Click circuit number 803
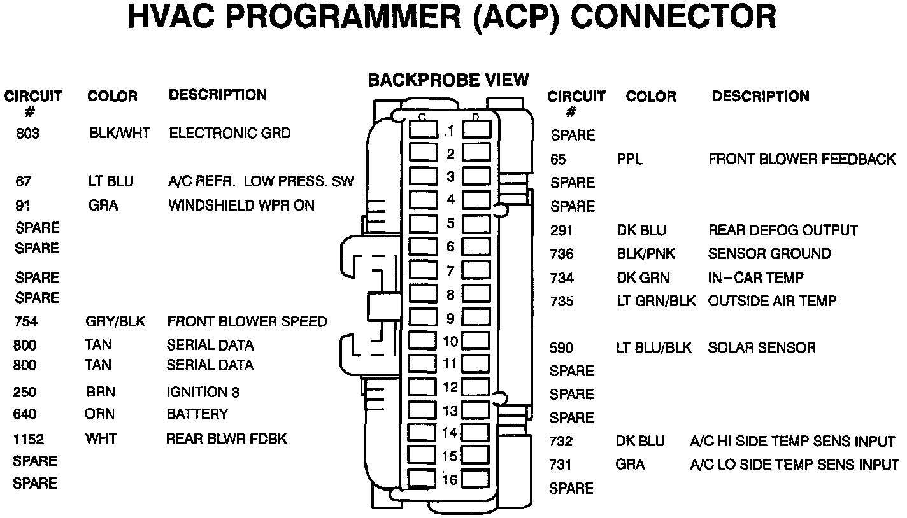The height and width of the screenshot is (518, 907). click(27, 134)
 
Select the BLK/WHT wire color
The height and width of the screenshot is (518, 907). click(120, 134)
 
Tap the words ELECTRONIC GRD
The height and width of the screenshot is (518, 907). click(229, 134)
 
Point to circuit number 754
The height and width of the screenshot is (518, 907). click(25, 322)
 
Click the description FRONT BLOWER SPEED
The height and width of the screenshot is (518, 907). click(246, 322)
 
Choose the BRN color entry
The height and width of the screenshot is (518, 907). click(101, 392)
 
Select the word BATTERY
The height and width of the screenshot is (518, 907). click(197, 415)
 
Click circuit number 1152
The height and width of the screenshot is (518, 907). click(29, 439)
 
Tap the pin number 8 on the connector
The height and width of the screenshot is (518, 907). click(450, 295)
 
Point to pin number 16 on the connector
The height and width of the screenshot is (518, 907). click(450, 480)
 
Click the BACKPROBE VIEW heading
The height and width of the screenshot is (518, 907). click(448, 80)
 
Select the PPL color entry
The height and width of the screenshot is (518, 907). click(629, 159)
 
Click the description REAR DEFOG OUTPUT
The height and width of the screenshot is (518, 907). click(783, 230)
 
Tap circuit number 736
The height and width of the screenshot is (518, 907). click(562, 255)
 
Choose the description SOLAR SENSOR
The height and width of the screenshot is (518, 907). click(762, 348)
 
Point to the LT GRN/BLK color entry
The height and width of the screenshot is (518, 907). click(656, 301)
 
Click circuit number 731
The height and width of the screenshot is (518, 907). click(561, 465)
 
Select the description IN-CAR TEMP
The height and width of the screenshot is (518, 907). click(755, 278)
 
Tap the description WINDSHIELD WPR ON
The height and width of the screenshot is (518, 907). click(241, 206)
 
